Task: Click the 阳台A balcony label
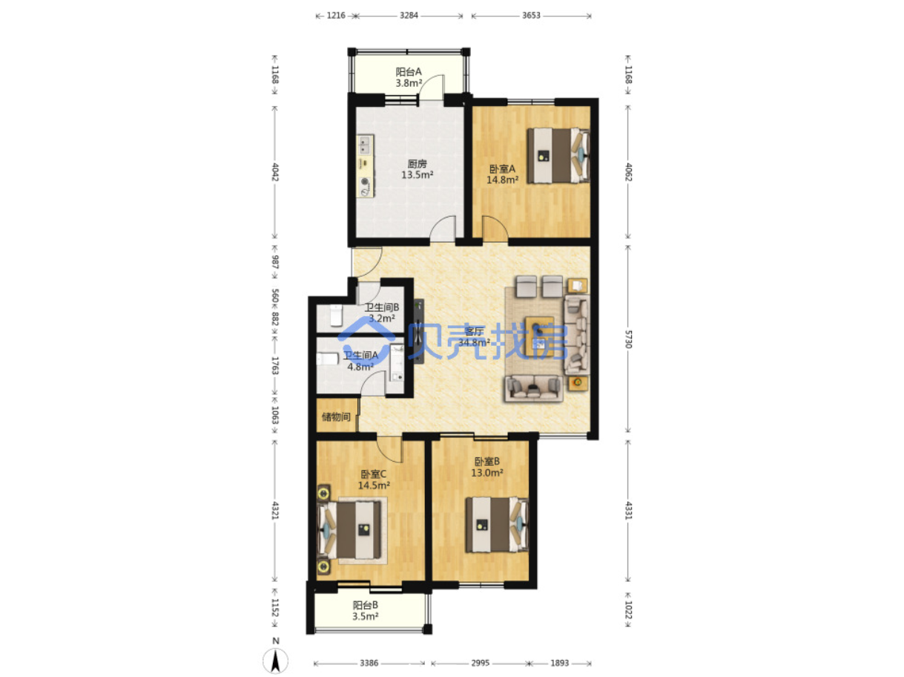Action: coord(408,72)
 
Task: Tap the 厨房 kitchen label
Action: coord(417,163)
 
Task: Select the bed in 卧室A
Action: coord(558,155)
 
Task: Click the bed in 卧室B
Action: coord(497,525)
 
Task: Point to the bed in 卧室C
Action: coord(349,530)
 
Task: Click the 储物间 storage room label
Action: coord(336,417)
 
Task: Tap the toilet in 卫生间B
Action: coord(336,315)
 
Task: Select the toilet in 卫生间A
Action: coord(328,359)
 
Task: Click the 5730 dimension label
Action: coord(627,338)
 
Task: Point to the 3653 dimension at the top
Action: coord(531,16)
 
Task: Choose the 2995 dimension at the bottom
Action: coord(481,663)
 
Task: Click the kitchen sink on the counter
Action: coord(365,145)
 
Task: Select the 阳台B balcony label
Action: coord(366,605)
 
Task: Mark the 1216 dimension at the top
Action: coord(336,16)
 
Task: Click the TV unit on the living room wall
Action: coord(419,331)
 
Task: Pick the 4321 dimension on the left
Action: coord(275,510)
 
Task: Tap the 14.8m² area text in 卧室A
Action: coord(503,180)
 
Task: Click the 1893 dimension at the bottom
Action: coord(560,663)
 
